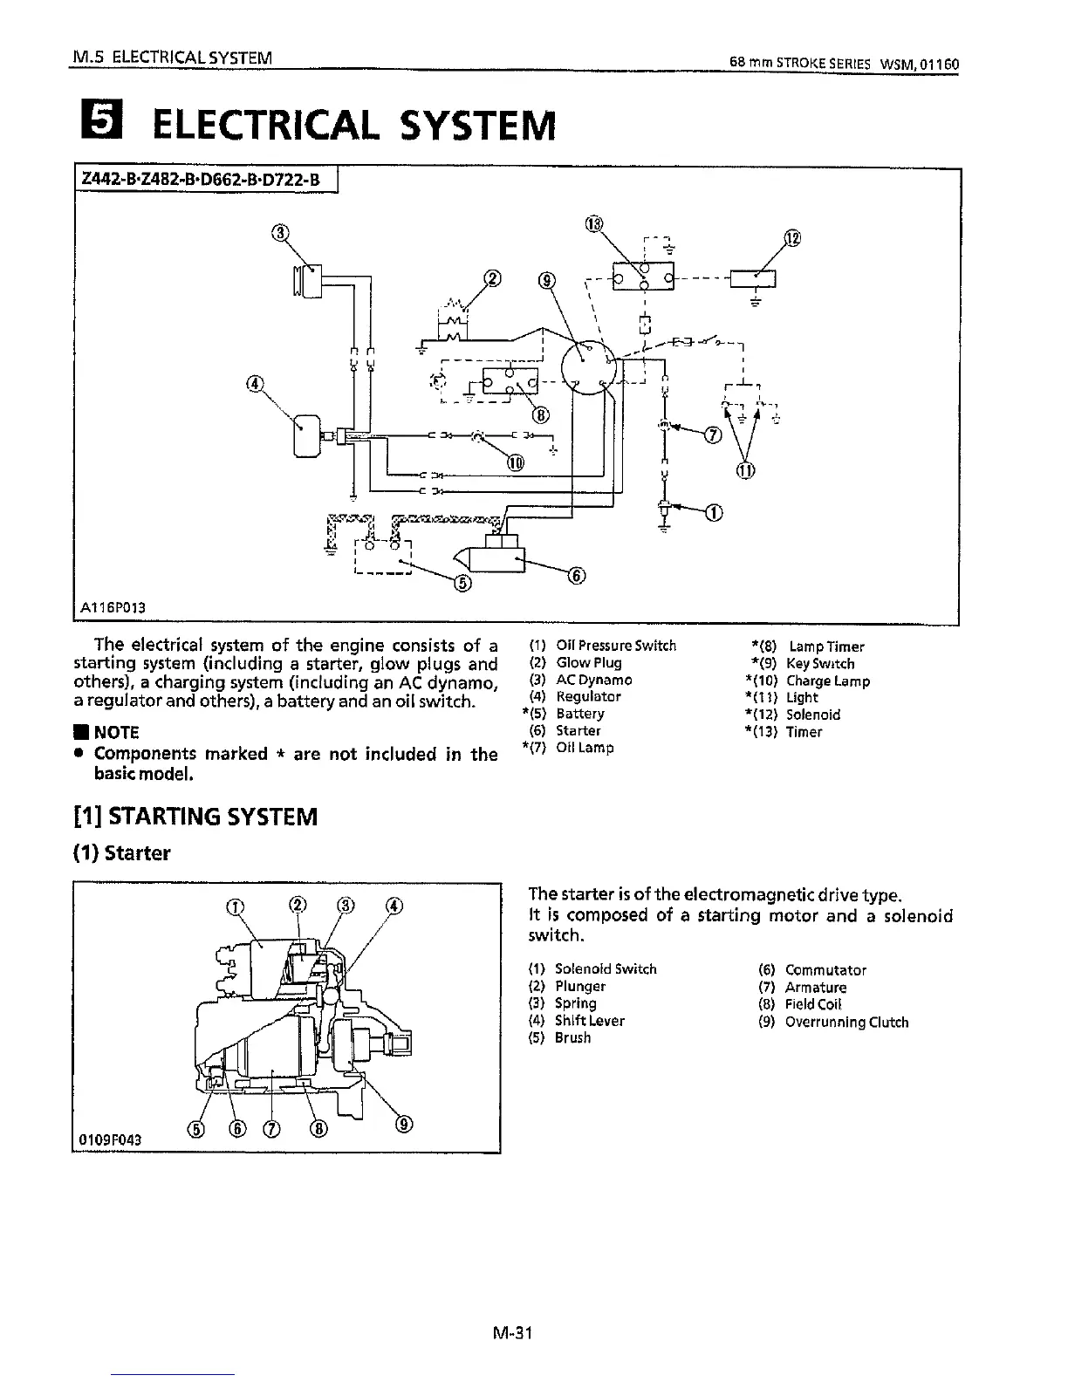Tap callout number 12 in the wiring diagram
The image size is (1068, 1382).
pyautogui.click(x=792, y=239)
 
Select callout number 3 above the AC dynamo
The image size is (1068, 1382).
pyautogui.click(x=279, y=232)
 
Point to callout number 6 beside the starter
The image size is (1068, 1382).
pyautogui.click(x=576, y=574)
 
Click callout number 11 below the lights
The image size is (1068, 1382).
pyautogui.click(x=745, y=472)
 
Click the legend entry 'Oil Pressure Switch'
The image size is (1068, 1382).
pyautogui.click(x=615, y=647)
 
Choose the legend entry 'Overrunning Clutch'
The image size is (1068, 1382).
pyautogui.click(x=846, y=1022)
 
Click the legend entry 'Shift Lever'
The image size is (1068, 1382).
pyautogui.click(x=589, y=1021)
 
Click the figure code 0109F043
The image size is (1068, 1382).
pyautogui.click(x=109, y=1139)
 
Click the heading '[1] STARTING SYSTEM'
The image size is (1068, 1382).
pyautogui.click(x=196, y=817)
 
